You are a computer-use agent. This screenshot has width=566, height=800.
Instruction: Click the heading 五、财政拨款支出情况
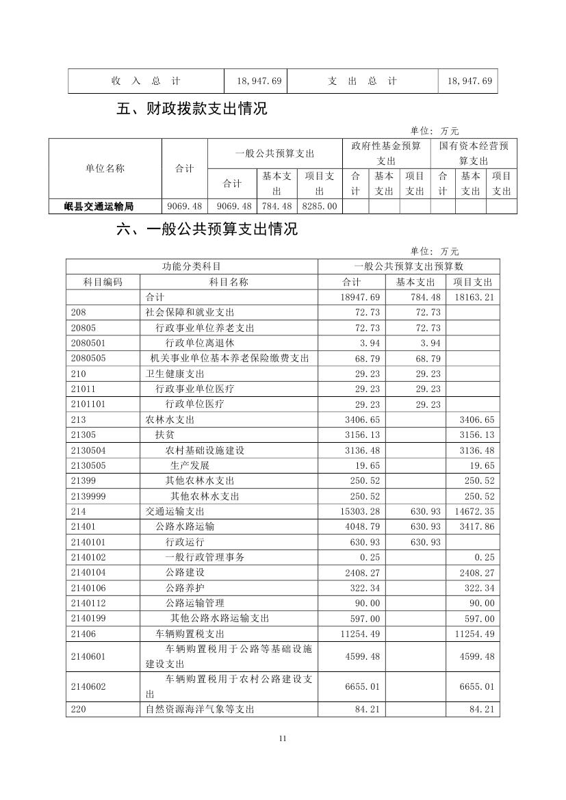[192, 108]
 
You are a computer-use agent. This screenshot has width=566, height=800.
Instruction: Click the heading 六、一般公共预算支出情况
[207, 229]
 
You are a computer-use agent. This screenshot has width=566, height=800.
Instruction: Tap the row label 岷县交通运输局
[105, 206]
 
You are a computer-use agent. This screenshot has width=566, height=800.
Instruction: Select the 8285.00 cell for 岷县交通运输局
[319, 206]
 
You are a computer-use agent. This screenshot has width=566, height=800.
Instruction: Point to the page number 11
[283, 738]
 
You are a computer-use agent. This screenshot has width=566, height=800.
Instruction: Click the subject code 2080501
[88, 343]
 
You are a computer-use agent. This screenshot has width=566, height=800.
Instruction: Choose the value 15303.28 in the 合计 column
[360, 511]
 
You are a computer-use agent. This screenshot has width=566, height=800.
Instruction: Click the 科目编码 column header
[103, 282]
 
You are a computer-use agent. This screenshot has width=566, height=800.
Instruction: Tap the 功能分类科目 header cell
[192, 266]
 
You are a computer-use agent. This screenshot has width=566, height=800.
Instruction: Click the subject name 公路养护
[185, 588]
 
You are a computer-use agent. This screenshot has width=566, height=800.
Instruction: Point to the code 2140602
[88, 686]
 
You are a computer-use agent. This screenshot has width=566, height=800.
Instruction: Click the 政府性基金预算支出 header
[386, 153]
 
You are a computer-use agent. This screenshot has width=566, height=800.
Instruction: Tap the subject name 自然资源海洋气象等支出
[200, 710]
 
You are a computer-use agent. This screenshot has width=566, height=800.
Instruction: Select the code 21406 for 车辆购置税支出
[83, 634]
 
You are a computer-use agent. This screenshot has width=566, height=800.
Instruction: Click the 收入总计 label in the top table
[146, 81]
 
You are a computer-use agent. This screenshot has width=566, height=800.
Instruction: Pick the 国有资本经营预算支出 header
[474, 153]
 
